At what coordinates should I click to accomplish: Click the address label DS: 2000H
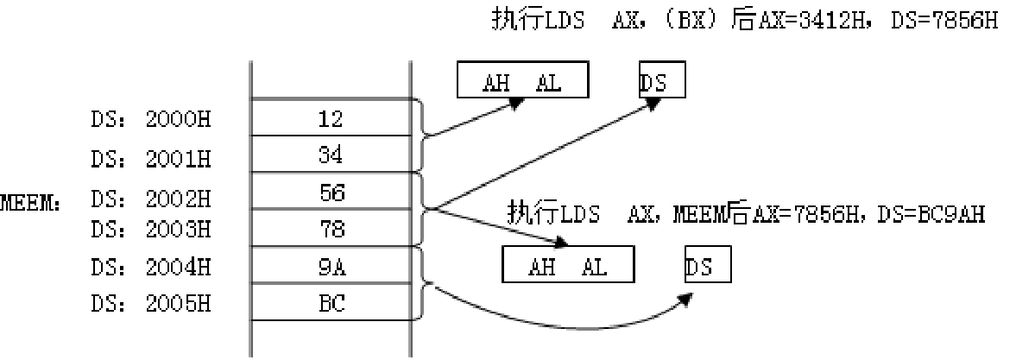coord(150,118)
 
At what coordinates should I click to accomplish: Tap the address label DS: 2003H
coord(150,229)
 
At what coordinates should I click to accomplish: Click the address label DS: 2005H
coord(150,305)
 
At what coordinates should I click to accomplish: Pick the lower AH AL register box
coord(568,264)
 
